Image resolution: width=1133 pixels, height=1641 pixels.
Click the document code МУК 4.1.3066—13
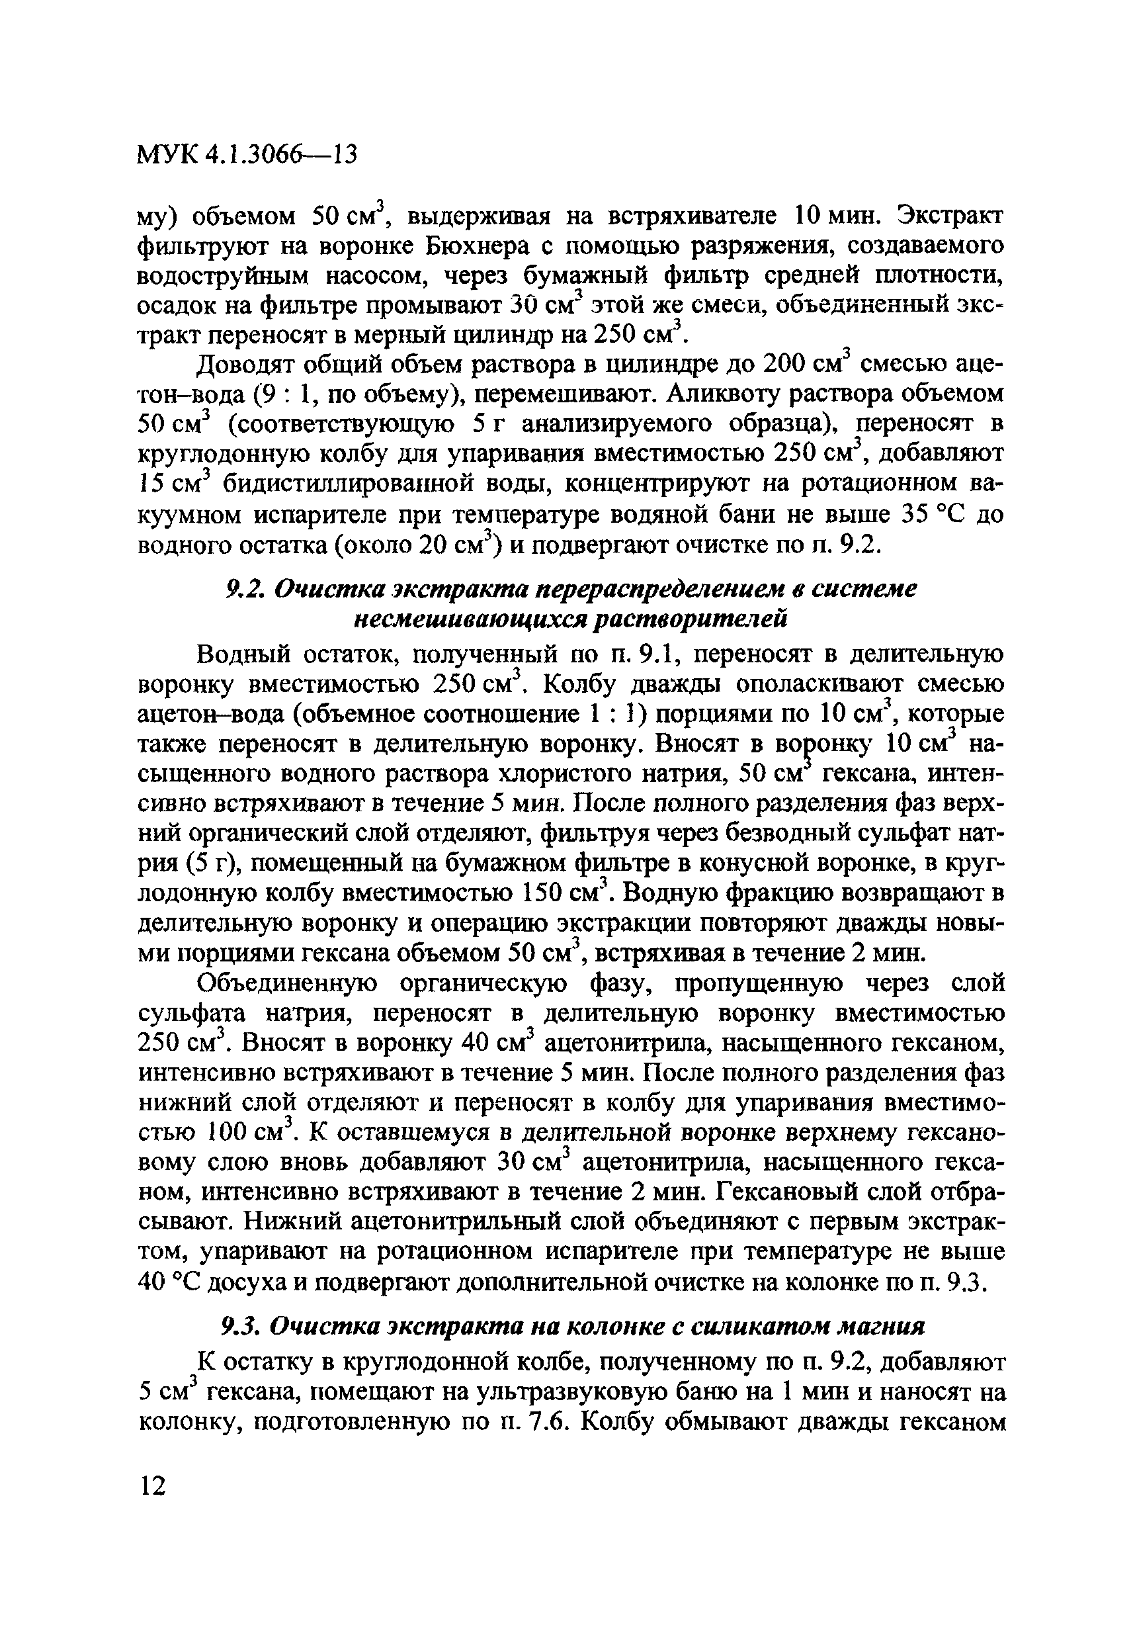coord(245,154)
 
